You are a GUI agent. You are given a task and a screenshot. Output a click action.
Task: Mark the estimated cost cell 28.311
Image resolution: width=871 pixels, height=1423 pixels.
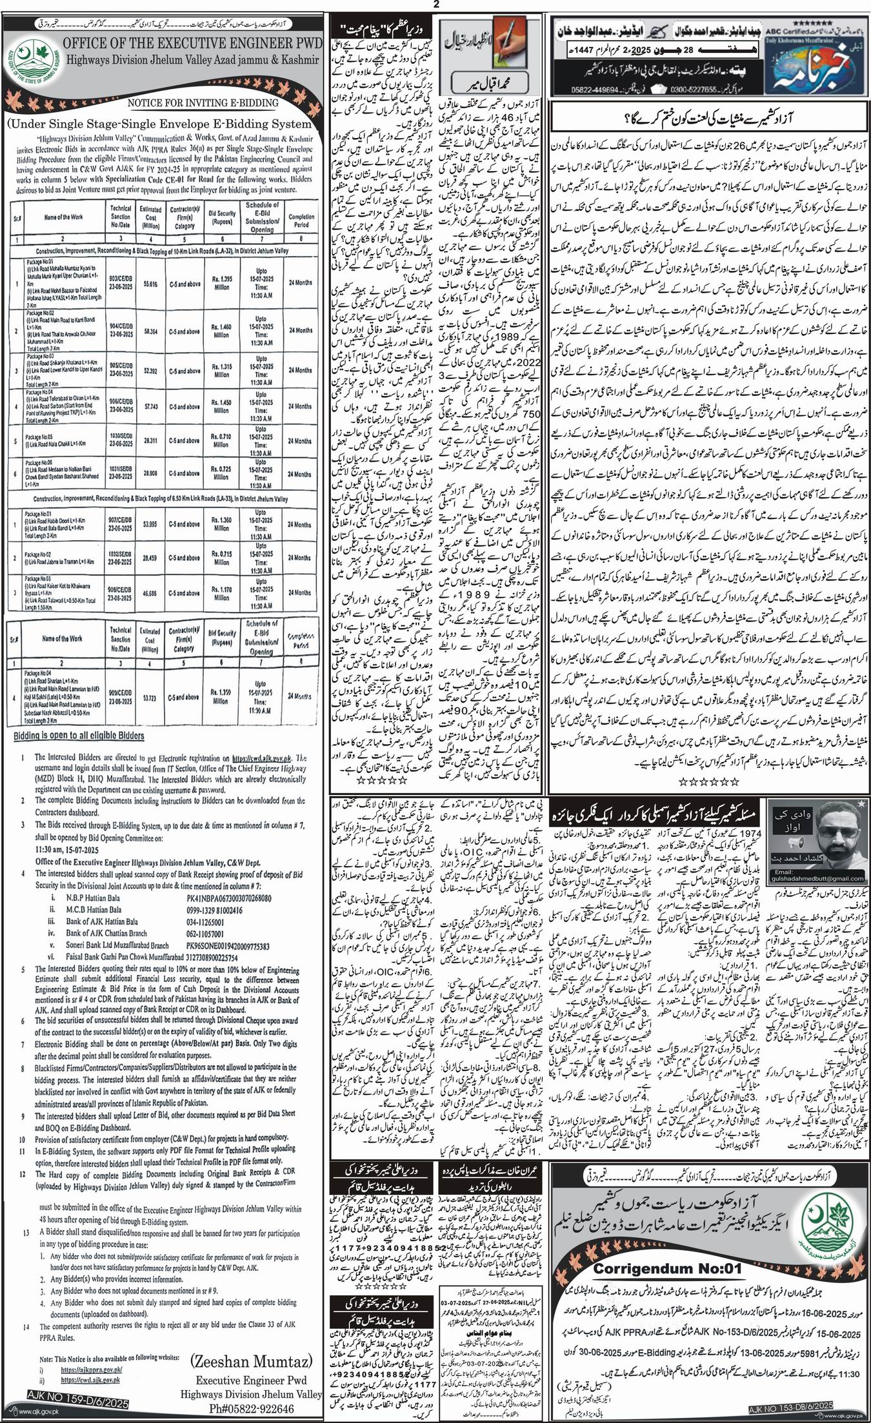pos(152,441)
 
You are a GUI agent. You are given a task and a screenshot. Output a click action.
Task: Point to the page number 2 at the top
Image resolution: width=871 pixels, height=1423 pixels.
pos(435,5)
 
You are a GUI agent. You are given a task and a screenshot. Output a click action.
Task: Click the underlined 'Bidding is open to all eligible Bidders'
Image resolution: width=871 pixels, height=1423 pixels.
pos(79,736)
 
